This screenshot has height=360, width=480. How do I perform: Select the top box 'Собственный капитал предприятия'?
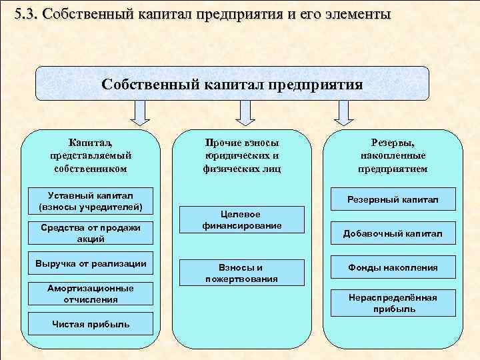coord(233,85)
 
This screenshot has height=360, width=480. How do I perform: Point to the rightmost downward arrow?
coord(344,113)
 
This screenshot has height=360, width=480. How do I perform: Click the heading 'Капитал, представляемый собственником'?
coord(91,155)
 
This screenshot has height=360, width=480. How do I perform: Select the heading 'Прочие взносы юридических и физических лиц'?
coord(242,155)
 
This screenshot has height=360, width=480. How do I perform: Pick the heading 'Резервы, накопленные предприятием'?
coord(393,155)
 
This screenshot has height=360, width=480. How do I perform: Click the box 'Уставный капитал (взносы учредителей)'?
coord(91,200)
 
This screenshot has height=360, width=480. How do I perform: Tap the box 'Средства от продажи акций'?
coord(91,233)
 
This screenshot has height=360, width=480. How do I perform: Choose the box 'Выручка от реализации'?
coord(91,263)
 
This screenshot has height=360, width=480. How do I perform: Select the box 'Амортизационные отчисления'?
coord(91,294)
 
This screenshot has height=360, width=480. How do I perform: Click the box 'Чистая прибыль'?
coord(91,325)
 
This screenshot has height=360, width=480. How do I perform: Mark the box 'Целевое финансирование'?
coord(242,219)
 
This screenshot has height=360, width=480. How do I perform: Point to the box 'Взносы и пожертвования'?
coord(242,272)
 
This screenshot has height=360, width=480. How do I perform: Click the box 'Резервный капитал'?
coord(392,199)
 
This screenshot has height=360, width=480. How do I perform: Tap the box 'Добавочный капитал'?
coord(392,233)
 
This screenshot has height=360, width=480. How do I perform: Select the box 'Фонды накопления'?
coord(392,267)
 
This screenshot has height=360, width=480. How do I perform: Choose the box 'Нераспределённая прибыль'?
coord(392,303)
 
